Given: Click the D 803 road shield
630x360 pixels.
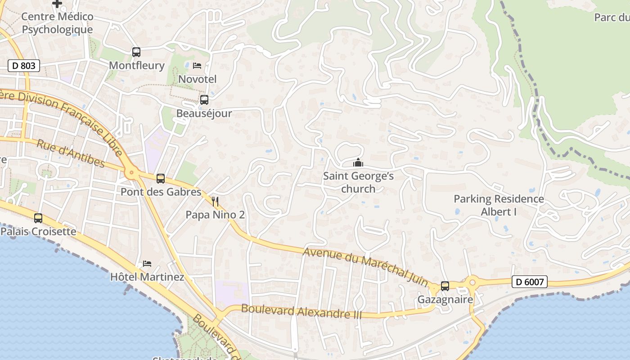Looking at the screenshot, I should [x=24, y=66].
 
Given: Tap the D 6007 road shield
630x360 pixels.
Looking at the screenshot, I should [x=530, y=282].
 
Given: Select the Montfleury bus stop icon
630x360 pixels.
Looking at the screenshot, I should [x=136, y=52].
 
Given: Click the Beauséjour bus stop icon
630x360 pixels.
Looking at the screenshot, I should [x=204, y=100].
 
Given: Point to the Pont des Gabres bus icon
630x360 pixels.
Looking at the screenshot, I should [x=161, y=179].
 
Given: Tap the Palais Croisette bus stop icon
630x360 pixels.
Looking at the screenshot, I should [x=38, y=218].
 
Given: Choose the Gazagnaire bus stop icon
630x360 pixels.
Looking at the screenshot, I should [x=445, y=286].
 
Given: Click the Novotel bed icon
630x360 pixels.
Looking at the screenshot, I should [x=197, y=66].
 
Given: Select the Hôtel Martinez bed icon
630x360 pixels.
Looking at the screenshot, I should [x=147, y=263].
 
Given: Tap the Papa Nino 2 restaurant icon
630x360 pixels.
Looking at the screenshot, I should [x=215, y=201].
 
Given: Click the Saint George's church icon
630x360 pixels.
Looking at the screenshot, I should [x=358, y=162].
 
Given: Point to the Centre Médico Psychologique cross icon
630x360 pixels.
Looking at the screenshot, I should [x=57, y=4].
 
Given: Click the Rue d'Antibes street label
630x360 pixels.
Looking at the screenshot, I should [x=71, y=153].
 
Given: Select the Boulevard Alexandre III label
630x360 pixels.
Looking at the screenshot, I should [x=301, y=311].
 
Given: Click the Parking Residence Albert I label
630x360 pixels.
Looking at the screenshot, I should [x=499, y=205].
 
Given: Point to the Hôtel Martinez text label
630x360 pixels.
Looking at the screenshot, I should [x=147, y=276].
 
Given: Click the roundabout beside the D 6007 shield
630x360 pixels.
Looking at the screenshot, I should [x=472, y=283].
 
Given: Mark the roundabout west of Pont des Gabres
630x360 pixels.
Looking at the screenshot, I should [x=131, y=171].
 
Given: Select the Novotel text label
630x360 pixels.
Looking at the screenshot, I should [x=198, y=79].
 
